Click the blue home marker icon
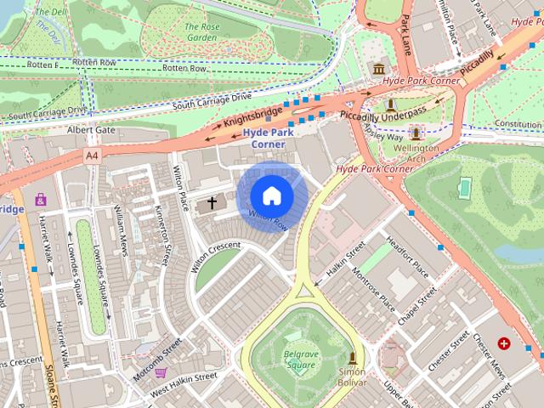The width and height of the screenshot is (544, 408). pos(271,196)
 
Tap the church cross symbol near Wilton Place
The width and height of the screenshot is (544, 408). pos(211,204)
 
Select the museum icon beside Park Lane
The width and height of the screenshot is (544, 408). pos(377,69)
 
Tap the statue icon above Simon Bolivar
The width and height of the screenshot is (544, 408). pos(352,358)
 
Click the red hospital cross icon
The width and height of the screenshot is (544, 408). pos(505,343)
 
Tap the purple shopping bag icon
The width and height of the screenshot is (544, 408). pos(41,200)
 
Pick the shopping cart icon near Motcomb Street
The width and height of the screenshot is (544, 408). pos(161,372)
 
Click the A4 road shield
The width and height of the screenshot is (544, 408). pos(92,156)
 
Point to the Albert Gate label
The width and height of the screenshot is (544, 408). pos(91,130)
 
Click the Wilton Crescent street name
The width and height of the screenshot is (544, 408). pos(216,256)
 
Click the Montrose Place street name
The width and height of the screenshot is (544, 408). pos(375,292)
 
